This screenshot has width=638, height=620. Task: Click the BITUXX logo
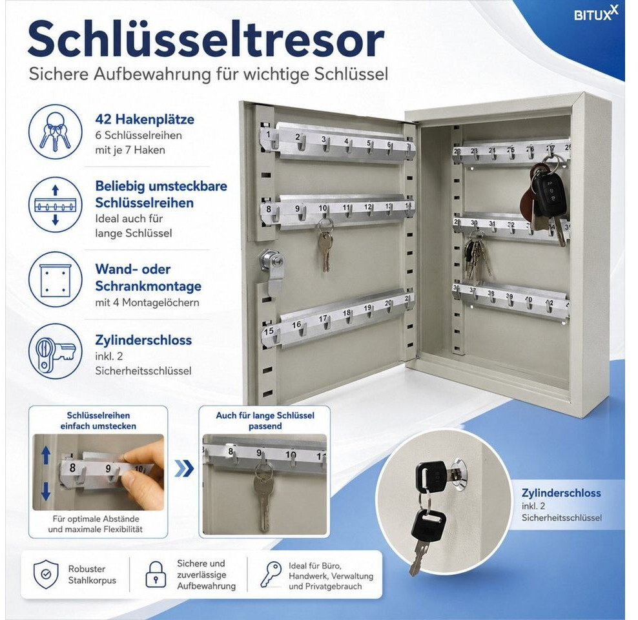coord(595,14)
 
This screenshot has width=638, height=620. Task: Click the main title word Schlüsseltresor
coord(206,39)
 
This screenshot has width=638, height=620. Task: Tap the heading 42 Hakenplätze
coord(145,119)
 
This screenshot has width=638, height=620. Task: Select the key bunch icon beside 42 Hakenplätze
coord(56,131)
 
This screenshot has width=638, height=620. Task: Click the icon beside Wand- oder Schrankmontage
coord(56,279)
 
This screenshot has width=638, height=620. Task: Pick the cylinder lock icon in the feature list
coord(56,351)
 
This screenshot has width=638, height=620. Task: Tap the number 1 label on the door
coord(268,134)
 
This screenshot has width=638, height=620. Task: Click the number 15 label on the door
coord(269,331)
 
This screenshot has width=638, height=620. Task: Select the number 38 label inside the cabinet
coord(491,293)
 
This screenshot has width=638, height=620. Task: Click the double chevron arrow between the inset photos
coord(184,469)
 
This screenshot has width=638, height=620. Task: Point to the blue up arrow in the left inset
coord(46,455)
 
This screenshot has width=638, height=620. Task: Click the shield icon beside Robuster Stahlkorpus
coord(46,574)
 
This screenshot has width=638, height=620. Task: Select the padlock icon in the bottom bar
coord(156,574)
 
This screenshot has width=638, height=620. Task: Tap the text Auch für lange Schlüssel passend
coord(265,420)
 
